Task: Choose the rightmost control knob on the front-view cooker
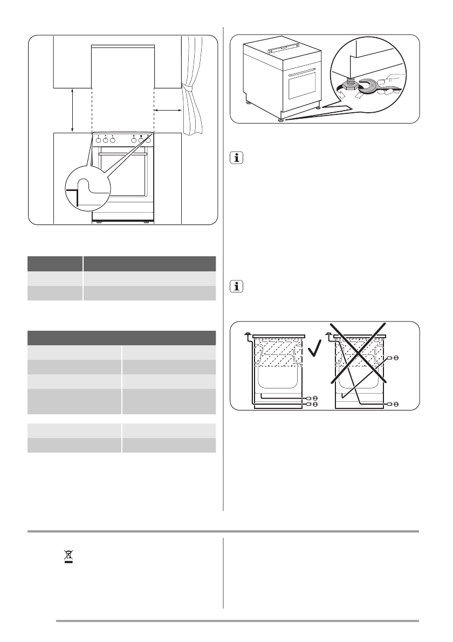click(147, 140)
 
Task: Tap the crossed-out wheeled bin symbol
click(68, 556)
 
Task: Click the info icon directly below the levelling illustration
click(236, 158)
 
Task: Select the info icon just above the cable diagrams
click(236, 286)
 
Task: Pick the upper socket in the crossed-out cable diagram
click(396, 358)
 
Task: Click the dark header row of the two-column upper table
click(122, 263)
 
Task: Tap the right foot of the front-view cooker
click(146, 222)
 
